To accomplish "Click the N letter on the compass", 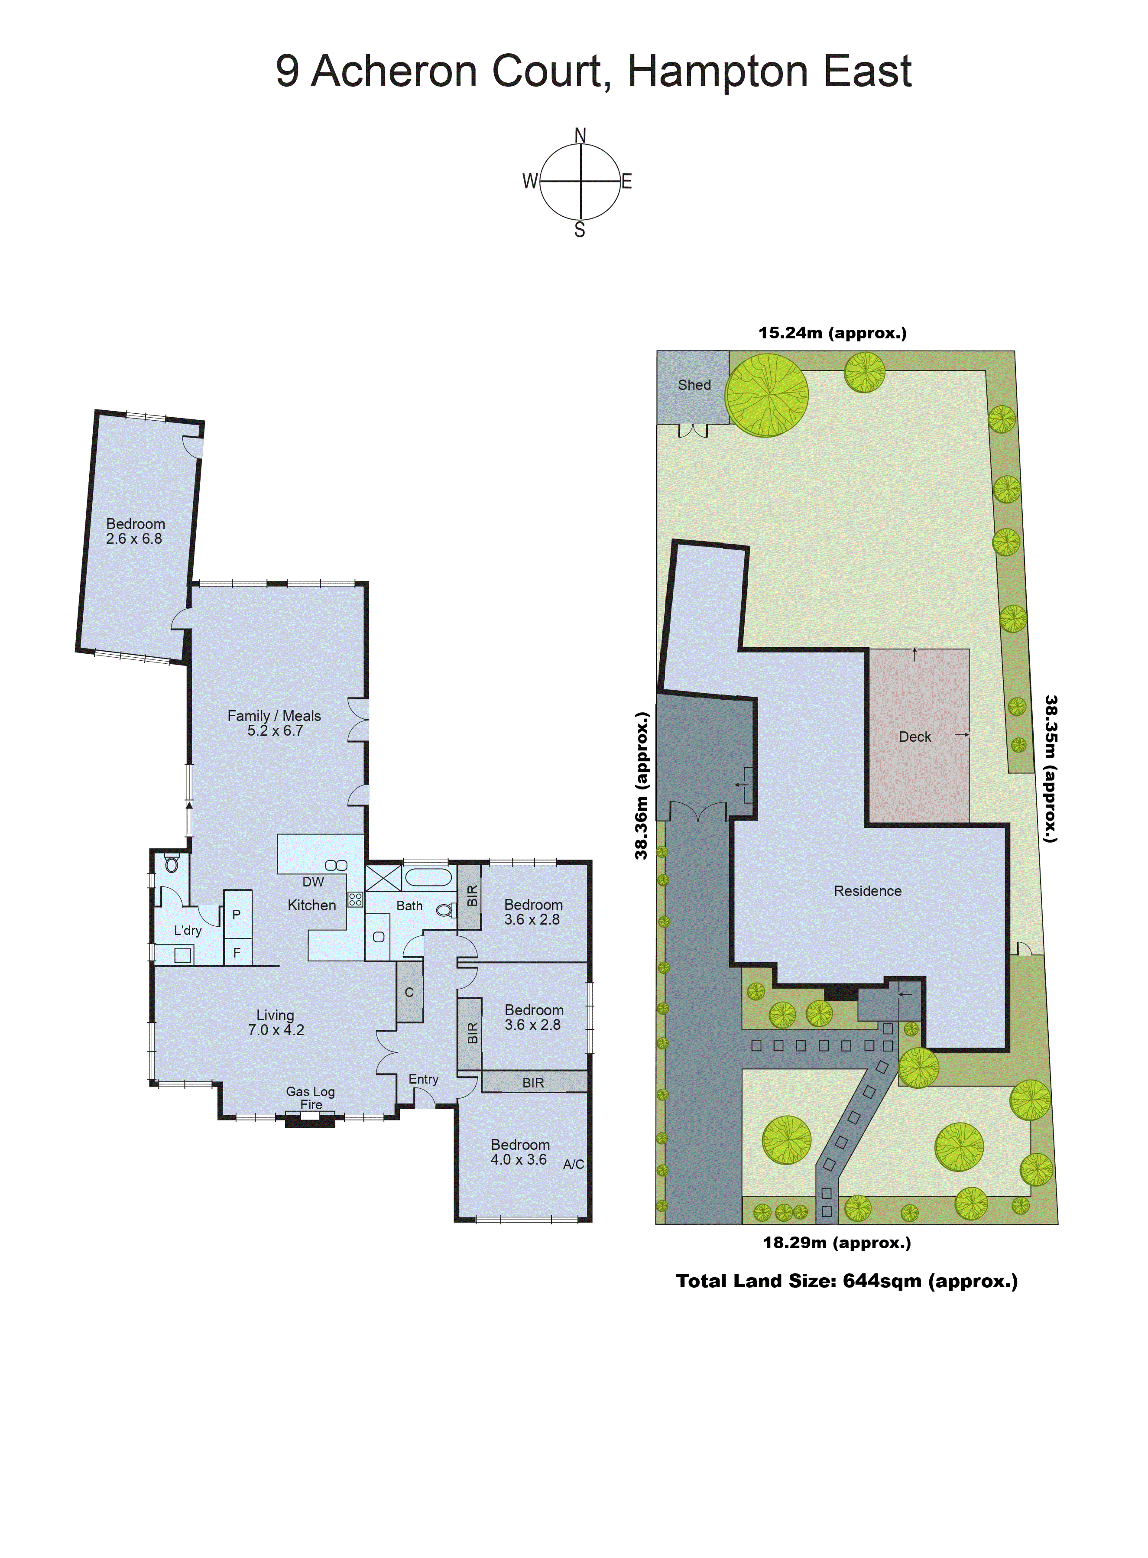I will (580, 135).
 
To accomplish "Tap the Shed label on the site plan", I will (694, 385).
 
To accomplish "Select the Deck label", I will (915, 737).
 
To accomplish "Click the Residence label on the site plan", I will (867, 891).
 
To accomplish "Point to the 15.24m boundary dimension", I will (832, 333).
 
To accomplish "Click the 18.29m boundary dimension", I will (837, 1243).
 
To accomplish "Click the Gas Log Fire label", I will (311, 1098).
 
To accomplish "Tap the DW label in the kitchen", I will (313, 882).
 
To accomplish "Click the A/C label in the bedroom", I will (573, 1164).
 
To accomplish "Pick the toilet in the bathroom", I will (446, 910).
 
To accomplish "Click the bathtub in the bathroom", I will (429, 876).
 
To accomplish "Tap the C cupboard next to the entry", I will (409, 992).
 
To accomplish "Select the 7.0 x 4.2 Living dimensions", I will (276, 1030).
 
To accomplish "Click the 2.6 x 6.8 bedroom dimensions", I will (134, 539).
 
